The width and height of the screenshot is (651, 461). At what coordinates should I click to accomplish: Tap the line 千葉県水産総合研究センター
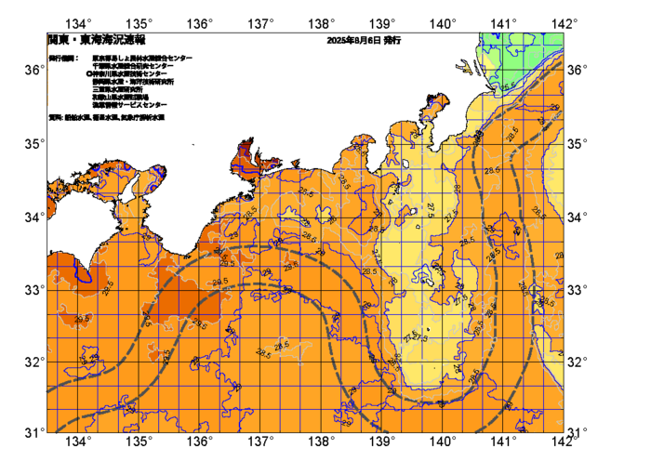[135, 66]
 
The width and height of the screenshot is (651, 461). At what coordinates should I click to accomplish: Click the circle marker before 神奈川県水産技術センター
[89, 73]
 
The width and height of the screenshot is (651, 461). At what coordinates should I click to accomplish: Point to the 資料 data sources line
[106, 118]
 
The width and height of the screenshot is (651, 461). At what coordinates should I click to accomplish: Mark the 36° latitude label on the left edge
[33, 71]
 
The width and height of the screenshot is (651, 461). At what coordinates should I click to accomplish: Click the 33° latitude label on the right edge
[577, 289]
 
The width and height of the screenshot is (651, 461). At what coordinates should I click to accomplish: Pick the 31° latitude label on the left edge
[33, 432]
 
